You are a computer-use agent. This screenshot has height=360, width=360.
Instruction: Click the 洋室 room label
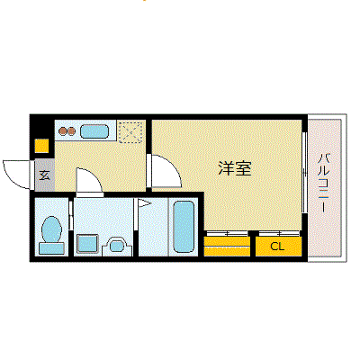[x=235, y=168]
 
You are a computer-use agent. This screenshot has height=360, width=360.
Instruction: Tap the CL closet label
[x=277, y=247]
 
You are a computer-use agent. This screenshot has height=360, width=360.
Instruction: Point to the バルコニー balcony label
[x=323, y=183]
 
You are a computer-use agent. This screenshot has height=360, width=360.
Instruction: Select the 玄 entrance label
[x=45, y=175]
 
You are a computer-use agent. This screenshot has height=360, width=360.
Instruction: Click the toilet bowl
[x=52, y=229]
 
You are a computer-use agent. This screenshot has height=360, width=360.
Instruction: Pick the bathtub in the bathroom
[x=184, y=227]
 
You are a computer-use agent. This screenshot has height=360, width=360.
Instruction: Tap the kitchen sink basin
[x=94, y=131]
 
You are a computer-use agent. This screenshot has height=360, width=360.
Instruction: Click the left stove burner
[x=63, y=131]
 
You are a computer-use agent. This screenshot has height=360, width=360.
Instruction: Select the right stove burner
[x=71, y=131]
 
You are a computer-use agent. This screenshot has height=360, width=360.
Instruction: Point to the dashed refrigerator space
[x=130, y=132]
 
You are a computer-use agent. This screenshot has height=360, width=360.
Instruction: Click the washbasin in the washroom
[x=117, y=247]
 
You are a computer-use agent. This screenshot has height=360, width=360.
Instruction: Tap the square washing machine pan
[x=87, y=243]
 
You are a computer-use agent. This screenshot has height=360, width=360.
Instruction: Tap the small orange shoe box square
[x=41, y=146]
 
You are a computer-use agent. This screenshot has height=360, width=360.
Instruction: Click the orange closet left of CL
[x=227, y=247]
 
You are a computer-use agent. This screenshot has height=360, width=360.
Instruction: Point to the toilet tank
[x=51, y=248]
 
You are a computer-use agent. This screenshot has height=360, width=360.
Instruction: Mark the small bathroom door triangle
[x=144, y=203]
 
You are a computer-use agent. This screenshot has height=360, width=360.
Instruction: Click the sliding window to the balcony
[x=304, y=172]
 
